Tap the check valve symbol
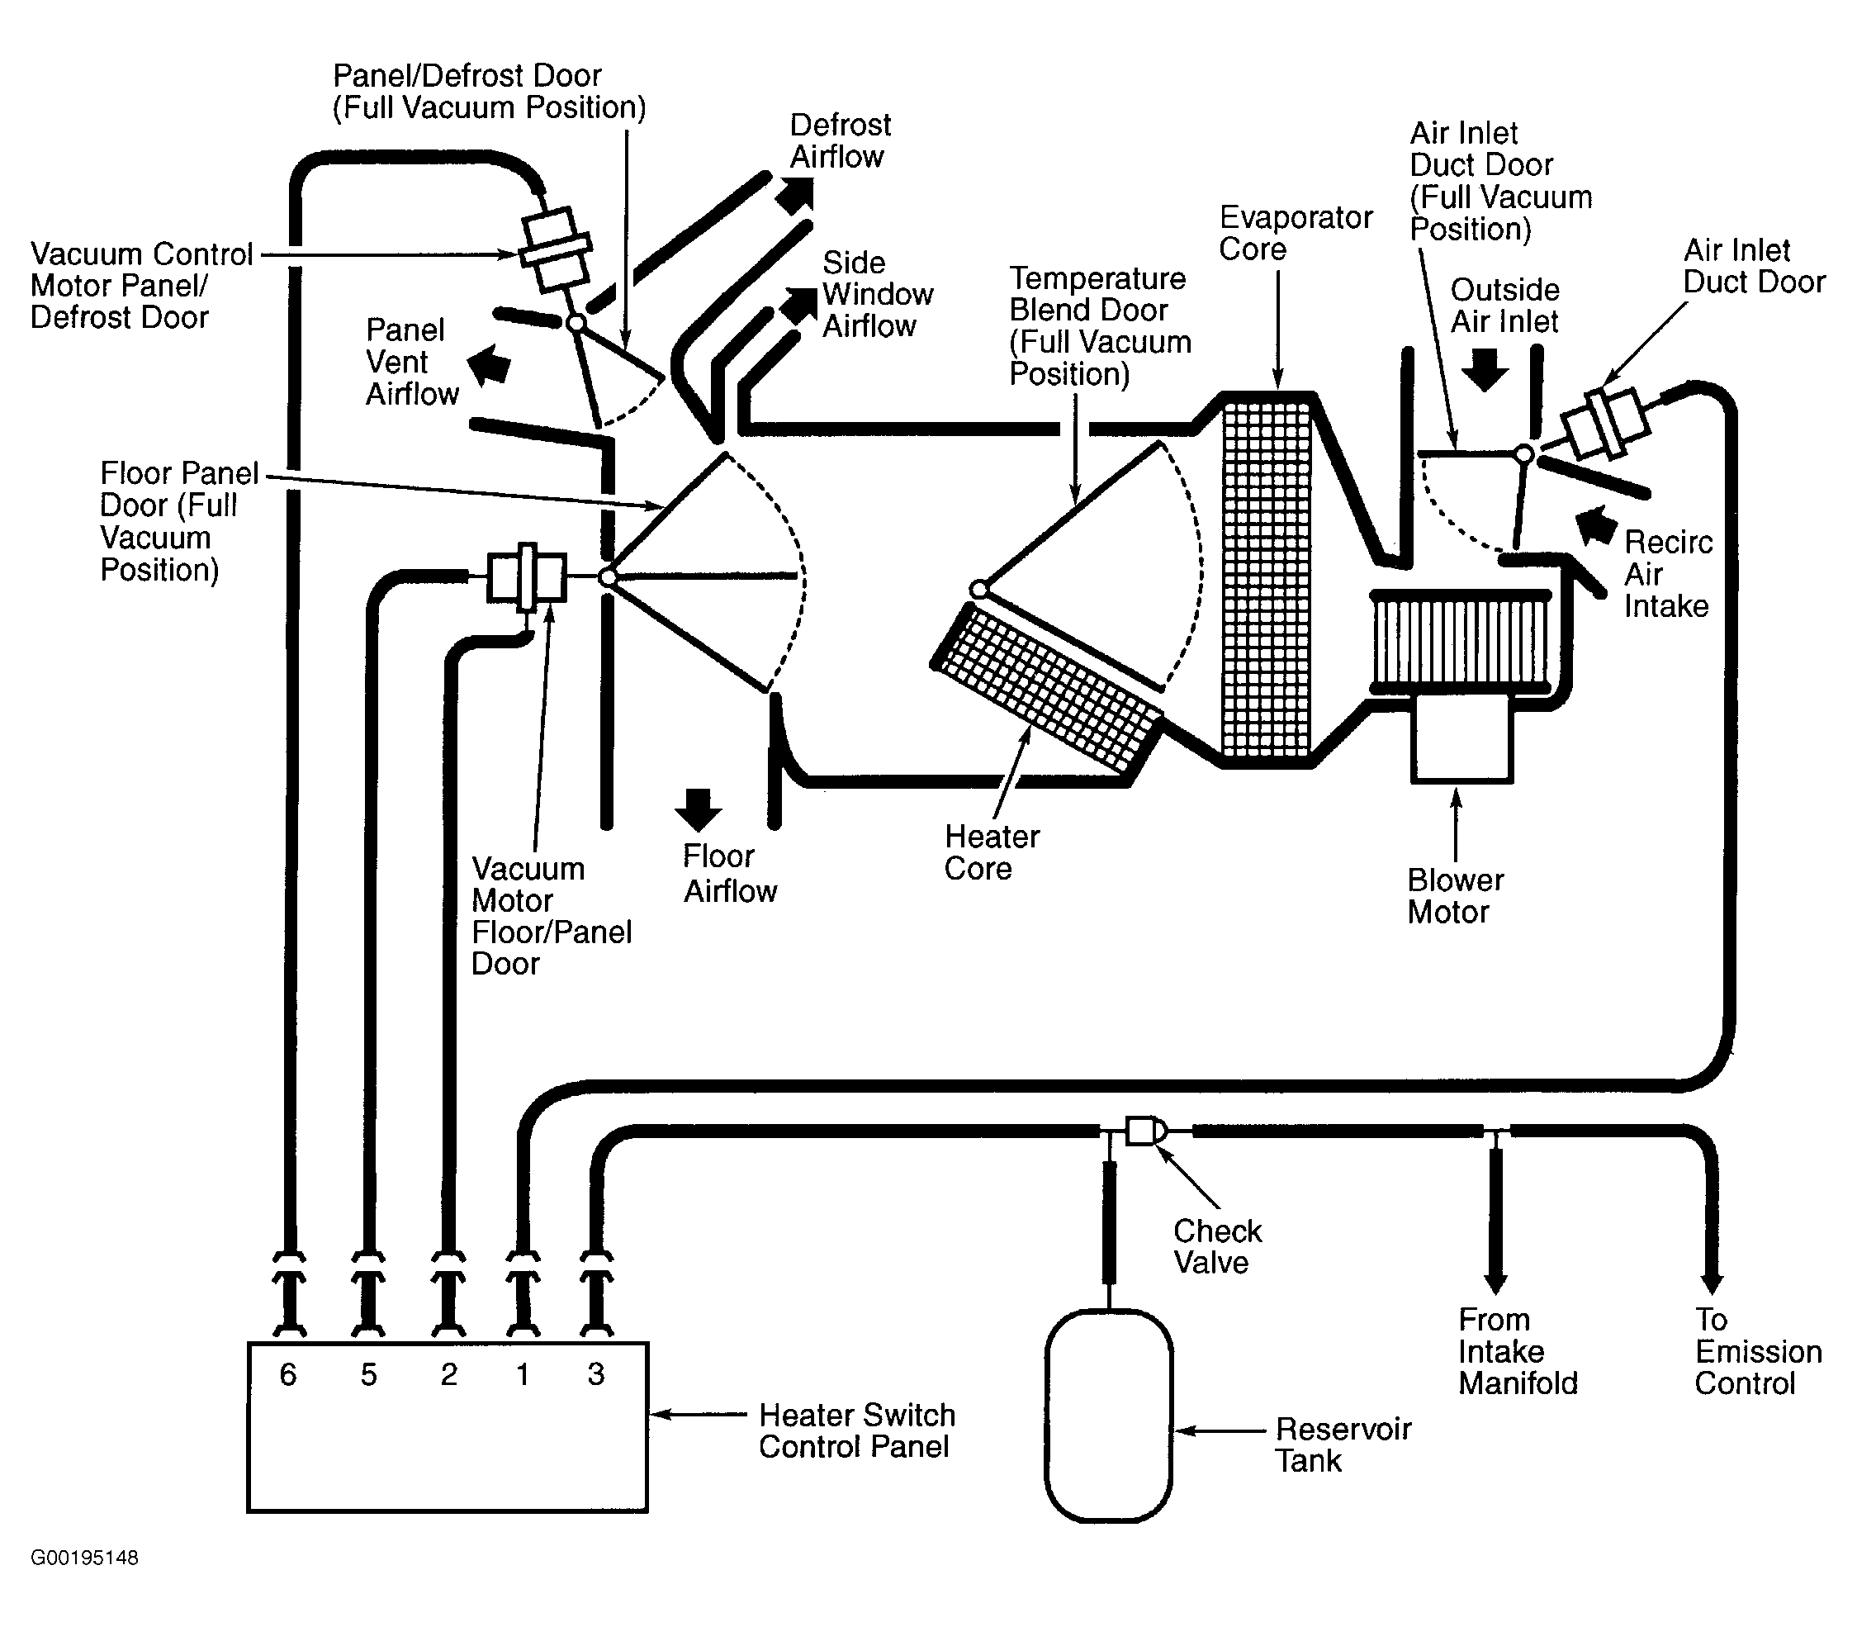(1144, 1131)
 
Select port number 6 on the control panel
(287, 1374)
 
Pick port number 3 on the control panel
(595, 1373)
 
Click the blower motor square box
(1461, 738)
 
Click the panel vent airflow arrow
(489, 365)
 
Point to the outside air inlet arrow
(1485, 369)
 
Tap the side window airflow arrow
(798, 306)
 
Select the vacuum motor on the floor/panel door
(527, 576)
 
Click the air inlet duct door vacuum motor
(1604, 423)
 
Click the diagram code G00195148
(84, 1558)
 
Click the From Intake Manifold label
(1518, 1351)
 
